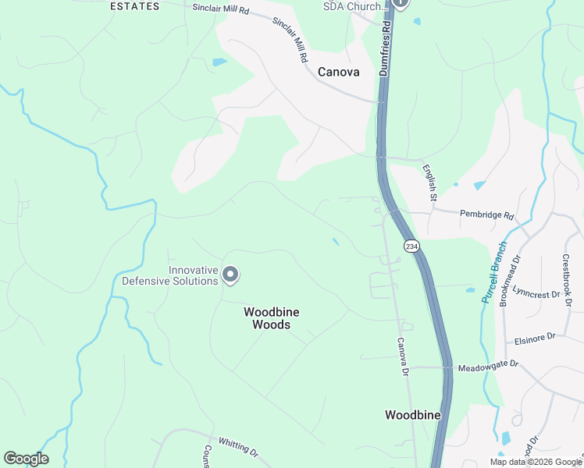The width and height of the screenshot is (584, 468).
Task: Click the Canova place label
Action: [339, 72]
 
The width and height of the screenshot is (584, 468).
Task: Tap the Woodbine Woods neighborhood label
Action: [272, 317]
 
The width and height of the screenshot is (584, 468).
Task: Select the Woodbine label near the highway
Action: [413, 415]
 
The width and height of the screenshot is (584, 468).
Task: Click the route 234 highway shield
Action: [412, 246]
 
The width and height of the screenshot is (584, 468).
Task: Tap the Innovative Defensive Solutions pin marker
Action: [230, 275]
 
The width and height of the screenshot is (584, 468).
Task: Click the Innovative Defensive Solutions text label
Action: [169, 275]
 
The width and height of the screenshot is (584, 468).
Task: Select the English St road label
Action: [429, 182]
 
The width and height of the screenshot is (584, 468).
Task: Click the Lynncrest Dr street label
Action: [533, 295]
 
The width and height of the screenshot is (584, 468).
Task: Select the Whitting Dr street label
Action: [237, 446]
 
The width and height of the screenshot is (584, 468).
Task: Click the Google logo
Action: [26, 459]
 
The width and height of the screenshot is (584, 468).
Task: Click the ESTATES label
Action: [134, 6]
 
